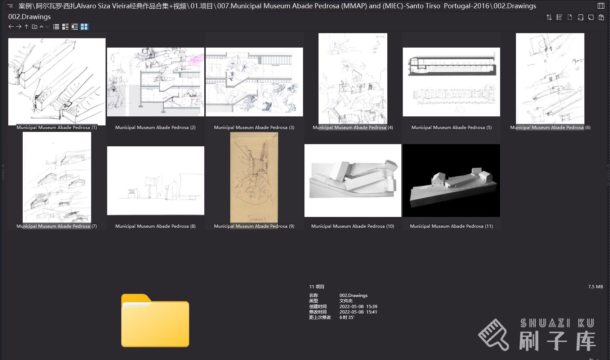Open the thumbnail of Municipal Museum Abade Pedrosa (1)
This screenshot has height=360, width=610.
[57, 81]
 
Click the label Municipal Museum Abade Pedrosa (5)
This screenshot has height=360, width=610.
[451, 128]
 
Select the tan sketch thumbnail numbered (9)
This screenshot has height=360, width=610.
[254, 177]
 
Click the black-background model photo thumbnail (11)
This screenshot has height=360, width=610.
[451, 181]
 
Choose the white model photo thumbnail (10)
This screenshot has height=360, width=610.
[353, 181]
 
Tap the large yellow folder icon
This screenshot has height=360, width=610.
[155, 320]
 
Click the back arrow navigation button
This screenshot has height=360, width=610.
[11, 27]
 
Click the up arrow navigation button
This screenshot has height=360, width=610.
[26, 27]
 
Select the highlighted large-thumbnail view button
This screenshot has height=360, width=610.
[84, 27]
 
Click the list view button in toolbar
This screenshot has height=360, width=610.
[56, 27]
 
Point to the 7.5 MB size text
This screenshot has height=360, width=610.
[595, 287]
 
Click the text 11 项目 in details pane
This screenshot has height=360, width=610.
[317, 287]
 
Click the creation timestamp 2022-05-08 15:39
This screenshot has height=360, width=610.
[358, 307]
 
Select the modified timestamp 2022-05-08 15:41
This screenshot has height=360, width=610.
[358, 312]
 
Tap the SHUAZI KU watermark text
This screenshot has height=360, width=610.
[557, 323]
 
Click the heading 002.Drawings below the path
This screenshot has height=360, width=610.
[30, 17]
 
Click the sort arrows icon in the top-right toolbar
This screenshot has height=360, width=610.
[549, 17]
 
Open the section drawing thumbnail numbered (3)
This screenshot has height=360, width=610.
[254, 82]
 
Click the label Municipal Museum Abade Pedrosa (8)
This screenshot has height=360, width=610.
[155, 226]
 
